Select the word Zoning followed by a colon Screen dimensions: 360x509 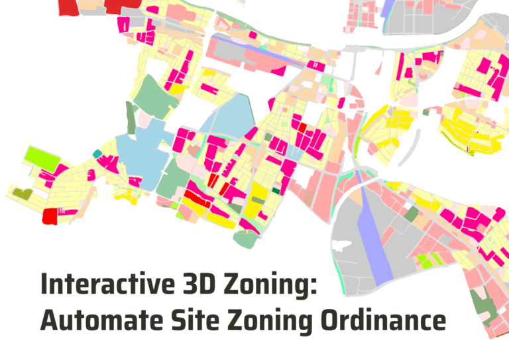click(x=274, y=286)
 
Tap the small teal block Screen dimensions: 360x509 click(x=97, y=154)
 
